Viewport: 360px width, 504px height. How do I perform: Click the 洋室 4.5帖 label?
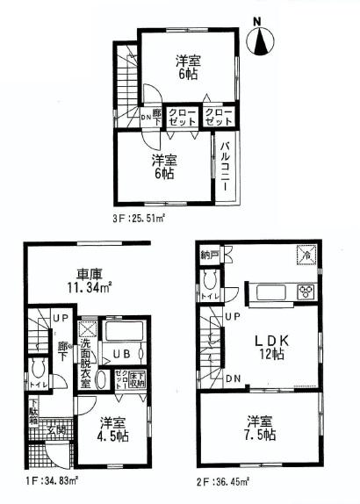point(112,427)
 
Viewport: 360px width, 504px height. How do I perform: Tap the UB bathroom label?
point(118,354)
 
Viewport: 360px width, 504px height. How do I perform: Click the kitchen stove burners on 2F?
point(305,291)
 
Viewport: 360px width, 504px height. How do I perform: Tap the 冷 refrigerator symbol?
point(306,254)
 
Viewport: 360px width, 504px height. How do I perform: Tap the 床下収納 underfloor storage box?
point(137,378)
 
